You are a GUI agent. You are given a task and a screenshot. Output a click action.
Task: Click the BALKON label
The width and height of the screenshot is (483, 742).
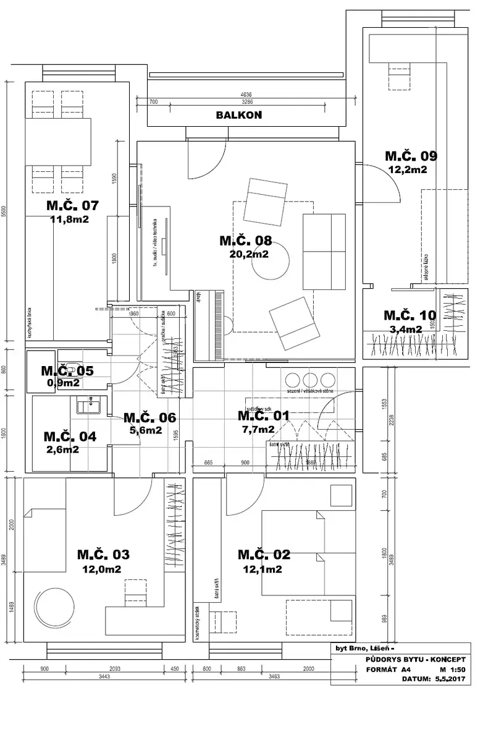[238, 115]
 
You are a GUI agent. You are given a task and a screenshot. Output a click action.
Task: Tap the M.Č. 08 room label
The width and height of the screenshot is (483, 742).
[245, 241]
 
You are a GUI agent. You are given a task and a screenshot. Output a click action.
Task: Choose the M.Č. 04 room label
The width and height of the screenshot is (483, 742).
[70, 436]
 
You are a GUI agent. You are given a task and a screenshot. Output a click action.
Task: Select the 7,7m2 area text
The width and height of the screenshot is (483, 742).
[258, 430]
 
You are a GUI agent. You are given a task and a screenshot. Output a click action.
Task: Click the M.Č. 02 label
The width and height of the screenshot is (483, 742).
[264, 555]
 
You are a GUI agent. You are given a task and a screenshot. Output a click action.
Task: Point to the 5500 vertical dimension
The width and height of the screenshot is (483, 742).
[4, 211]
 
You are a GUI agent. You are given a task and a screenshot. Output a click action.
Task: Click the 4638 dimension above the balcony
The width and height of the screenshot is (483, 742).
[245, 95]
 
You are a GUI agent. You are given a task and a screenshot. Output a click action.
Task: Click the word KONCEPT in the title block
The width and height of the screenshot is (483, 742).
[443, 660]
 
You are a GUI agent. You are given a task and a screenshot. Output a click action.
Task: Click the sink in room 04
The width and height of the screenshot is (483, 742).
[90, 406]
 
